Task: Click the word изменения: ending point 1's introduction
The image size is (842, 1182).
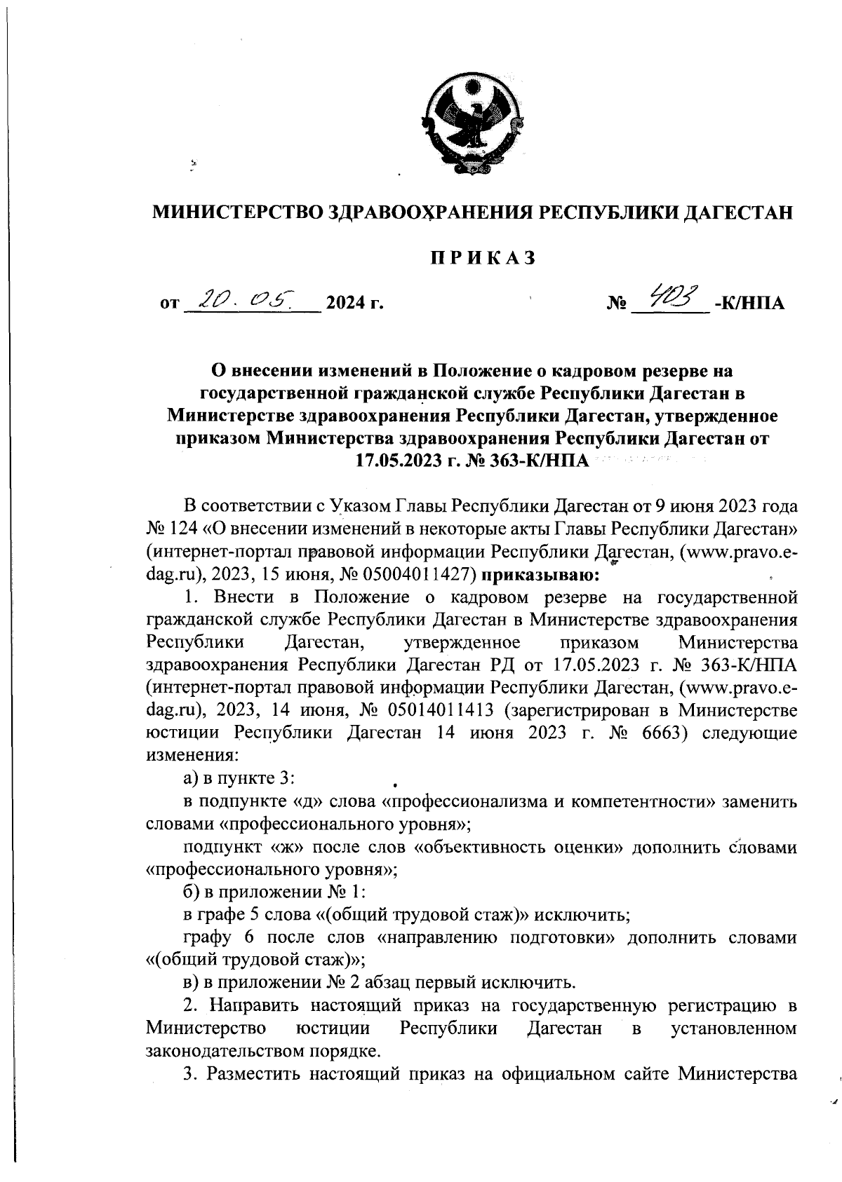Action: click(192, 756)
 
